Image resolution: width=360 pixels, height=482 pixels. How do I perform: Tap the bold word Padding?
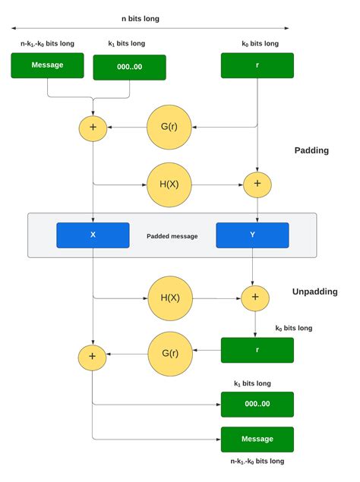pos(311,150)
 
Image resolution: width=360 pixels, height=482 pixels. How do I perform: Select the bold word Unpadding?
pos(314,291)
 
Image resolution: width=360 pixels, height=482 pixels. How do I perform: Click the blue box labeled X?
pos(93,235)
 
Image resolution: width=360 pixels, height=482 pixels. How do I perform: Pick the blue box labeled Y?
pos(252,235)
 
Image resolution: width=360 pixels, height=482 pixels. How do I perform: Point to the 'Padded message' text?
pos(172,236)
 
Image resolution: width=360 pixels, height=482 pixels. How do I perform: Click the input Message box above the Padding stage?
pos(47,65)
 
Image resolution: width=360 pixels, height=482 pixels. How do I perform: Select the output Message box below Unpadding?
pos(257,439)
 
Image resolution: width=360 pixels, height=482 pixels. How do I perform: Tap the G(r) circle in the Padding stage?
pos(169,127)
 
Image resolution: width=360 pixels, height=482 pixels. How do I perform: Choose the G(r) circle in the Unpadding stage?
pos(170,354)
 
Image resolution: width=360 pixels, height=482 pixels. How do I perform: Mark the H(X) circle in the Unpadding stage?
pos(170,298)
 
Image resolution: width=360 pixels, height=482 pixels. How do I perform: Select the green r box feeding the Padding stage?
pos(257,65)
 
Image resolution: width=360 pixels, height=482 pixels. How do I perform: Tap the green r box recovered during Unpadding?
pos(257,350)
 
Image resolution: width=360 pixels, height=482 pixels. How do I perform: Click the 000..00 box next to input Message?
pos(129,67)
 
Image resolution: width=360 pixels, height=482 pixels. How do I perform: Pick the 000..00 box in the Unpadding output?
pos(257,404)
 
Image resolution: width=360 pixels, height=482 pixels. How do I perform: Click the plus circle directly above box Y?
pos(257,183)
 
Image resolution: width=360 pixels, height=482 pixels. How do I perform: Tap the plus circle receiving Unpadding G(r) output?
pos(93,354)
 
